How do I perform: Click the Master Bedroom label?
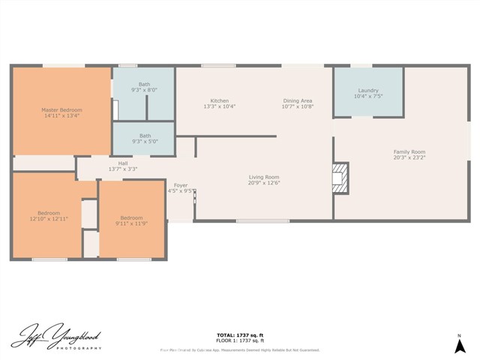pyautogui.click(x=61, y=110)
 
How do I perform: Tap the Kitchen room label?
pyautogui.click(x=220, y=100)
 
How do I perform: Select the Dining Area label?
pyautogui.click(x=297, y=100)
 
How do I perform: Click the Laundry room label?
pyautogui.click(x=368, y=90)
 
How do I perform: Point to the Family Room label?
pyautogui.click(x=409, y=151)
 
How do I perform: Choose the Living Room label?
pyautogui.click(x=264, y=177)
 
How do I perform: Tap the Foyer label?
pyautogui.click(x=181, y=184)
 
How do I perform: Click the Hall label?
pyautogui.click(x=122, y=163)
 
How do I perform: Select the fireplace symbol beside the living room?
pyautogui.click(x=341, y=178)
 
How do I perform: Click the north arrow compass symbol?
pyautogui.click(x=459, y=343)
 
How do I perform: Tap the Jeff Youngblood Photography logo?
pyautogui.click(x=56, y=338)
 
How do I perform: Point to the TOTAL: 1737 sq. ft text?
pyautogui.click(x=240, y=335)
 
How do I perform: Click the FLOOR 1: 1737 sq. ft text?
pyautogui.click(x=240, y=340)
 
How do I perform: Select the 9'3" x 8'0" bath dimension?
pyautogui.click(x=144, y=90)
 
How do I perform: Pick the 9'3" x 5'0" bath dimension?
pyautogui.click(x=144, y=141)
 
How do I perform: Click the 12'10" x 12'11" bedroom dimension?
pyautogui.click(x=49, y=218)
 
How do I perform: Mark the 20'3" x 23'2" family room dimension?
pyautogui.click(x=409, y=157)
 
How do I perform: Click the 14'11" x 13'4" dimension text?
pyautogui.click(x=61, y=115)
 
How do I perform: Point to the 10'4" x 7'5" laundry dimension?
pyautogui.click(x=368, y=96)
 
